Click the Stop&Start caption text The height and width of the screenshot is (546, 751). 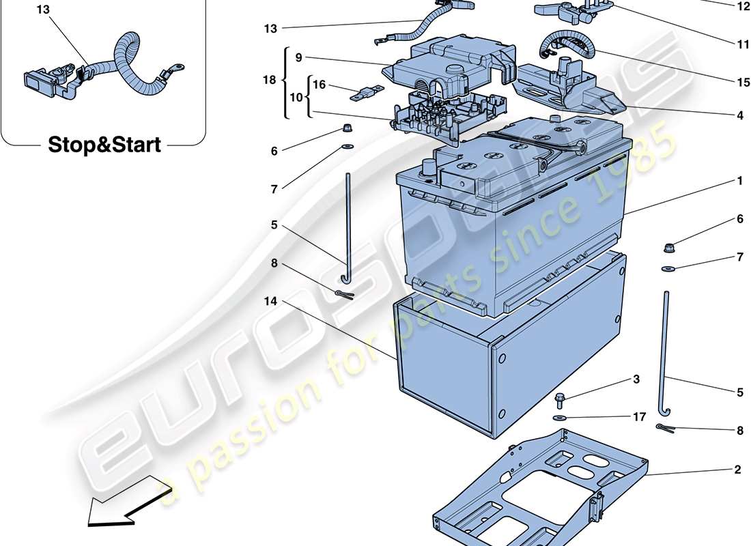pos(104,145)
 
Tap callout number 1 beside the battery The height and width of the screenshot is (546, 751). pos(739,182)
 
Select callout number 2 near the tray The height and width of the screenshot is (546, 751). pos(737,470)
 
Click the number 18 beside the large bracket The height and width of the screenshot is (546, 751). pos(269,81)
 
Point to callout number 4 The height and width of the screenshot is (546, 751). pos(739,116)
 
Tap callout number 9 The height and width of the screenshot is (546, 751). pos(298,58)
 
